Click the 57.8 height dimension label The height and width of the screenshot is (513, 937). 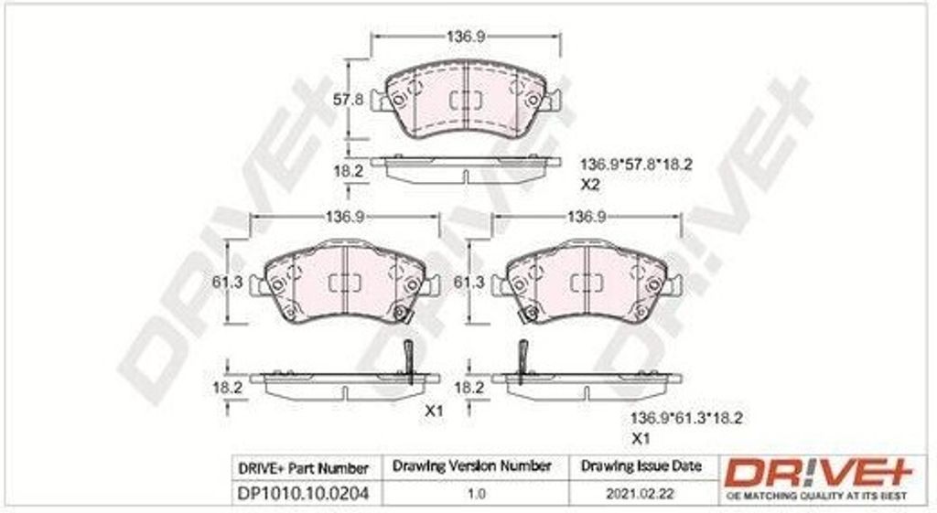(348, 99)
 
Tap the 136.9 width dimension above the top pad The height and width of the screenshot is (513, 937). (466, 37)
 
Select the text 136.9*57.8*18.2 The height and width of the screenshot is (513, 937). (637, 165)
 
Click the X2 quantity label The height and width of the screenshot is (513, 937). (590, 185)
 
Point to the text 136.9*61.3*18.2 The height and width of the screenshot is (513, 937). (686, 418)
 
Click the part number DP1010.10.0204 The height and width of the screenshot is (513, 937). (304, 494)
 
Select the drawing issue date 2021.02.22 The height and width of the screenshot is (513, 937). (640, 495)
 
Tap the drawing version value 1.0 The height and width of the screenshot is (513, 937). (476, 495)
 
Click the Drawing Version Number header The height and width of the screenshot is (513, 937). (471, 465)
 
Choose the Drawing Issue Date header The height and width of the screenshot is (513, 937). (641, 465)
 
